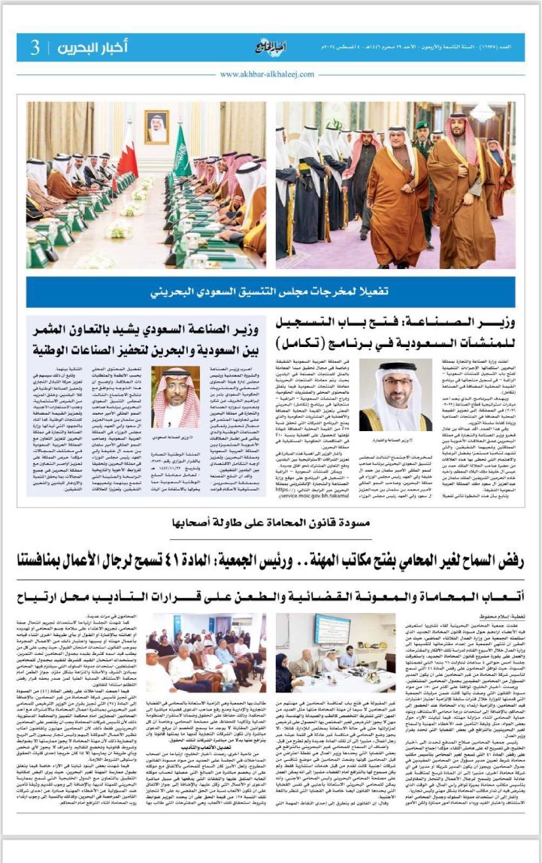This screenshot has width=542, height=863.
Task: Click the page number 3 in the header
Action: pyautogui.click(x=35, y=48)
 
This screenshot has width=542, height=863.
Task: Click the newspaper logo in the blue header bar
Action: pyautogui.click(x=269, y=47)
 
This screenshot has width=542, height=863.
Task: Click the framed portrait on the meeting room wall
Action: pyautogui.click(x=156, y=126)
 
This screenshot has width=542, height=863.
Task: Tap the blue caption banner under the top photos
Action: pyautogui.click(x=271, y=291)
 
